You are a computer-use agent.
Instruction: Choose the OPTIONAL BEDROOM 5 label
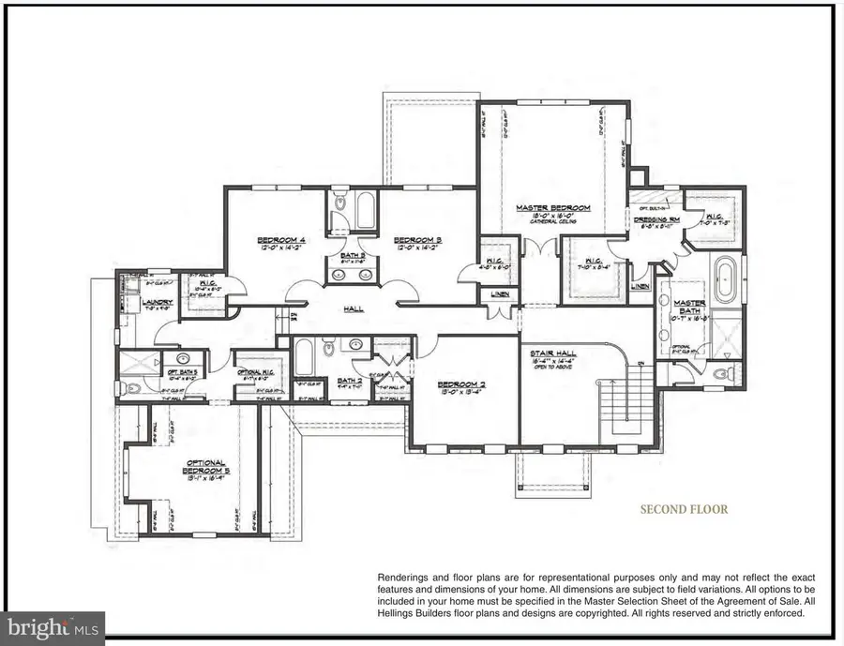(x=203, y=468)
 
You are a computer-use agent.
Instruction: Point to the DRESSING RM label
(x=643, y=217)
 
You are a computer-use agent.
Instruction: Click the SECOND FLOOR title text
(x=684, y=510)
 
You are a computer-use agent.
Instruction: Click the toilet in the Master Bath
(x=720, y=374)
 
